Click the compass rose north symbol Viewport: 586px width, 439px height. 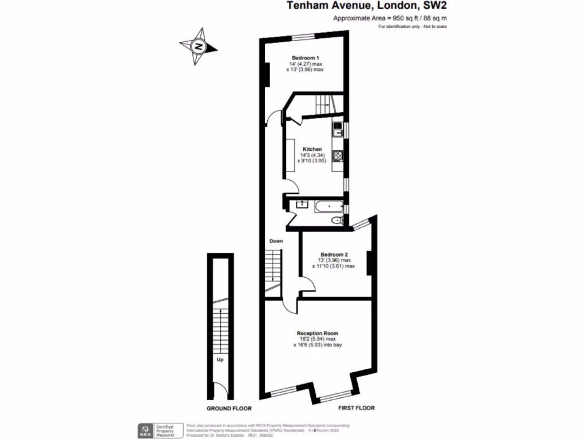coord(199,46)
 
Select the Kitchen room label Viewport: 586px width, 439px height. coord(312,149)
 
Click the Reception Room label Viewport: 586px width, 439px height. coord(317,333)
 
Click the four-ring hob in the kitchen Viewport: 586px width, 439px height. coord(339,155)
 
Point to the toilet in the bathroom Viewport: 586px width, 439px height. coord(338,220)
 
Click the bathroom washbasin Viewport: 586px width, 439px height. coord(302,204)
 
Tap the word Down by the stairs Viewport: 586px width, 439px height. coord(276,241)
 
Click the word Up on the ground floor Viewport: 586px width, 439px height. coord(219,360)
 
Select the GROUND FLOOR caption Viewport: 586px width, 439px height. coord(229,409)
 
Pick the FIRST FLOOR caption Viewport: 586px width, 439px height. coord(355,408)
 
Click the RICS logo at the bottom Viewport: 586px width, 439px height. coord(143,430)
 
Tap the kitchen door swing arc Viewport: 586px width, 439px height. coord(291,185)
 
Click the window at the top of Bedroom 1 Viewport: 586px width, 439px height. coord(304,38)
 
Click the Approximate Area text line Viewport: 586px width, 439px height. coord(390,18)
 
